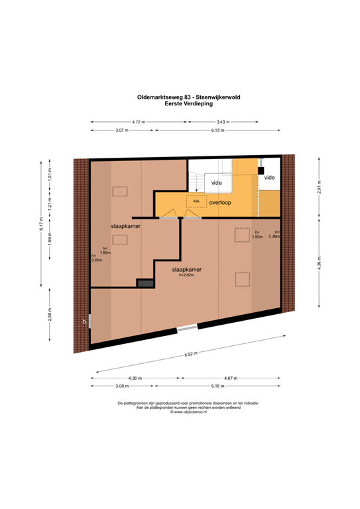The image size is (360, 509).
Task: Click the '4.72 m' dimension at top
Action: [x=138, y=122]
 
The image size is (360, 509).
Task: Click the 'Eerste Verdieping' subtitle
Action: [x=180, y=104]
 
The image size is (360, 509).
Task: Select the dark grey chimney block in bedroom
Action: [x=145, y=283]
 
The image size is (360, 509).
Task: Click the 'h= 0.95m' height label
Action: [x=96, y=258]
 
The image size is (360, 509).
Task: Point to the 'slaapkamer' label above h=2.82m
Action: [x=186, y=270]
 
